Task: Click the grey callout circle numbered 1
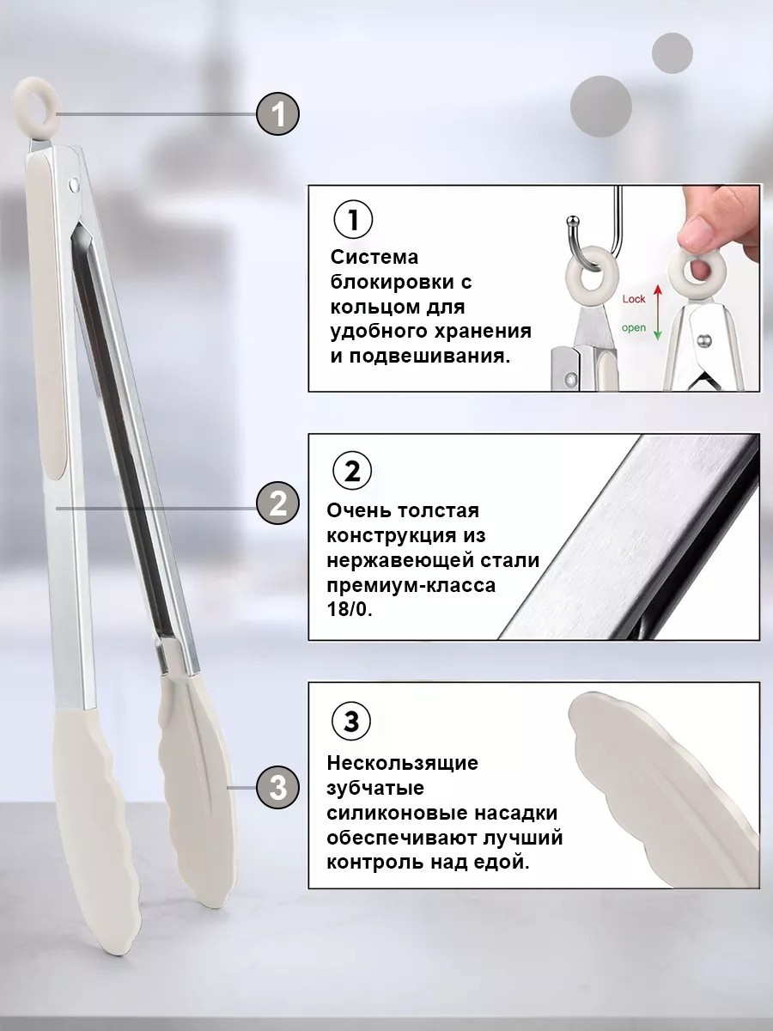tap(277, 114)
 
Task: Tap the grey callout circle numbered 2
tap(277, 503)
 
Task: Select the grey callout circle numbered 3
tap(277, 787)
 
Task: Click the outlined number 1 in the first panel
tap(353, 220)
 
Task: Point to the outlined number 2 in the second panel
tap(352, 471)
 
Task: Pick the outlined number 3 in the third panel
tap(351, 721)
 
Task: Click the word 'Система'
tap(374, 258)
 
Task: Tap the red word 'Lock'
tap(634, 299)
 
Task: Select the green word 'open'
tap(634, 328)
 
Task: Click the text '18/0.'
tap(350, 610)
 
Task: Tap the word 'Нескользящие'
tap(402, 763)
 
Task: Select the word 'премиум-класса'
tap(411, 586)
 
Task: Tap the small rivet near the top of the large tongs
tap(73, 183)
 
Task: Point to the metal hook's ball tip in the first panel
tap(573, 219)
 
